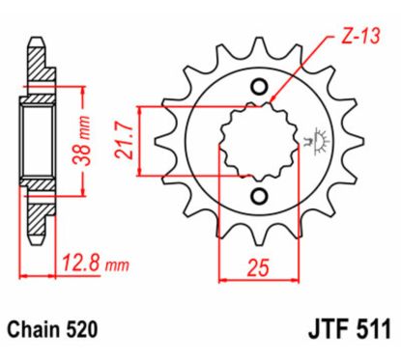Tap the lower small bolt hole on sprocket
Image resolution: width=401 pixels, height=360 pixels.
pos(258,197)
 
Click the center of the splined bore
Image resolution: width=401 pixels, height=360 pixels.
pos(256,143)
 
